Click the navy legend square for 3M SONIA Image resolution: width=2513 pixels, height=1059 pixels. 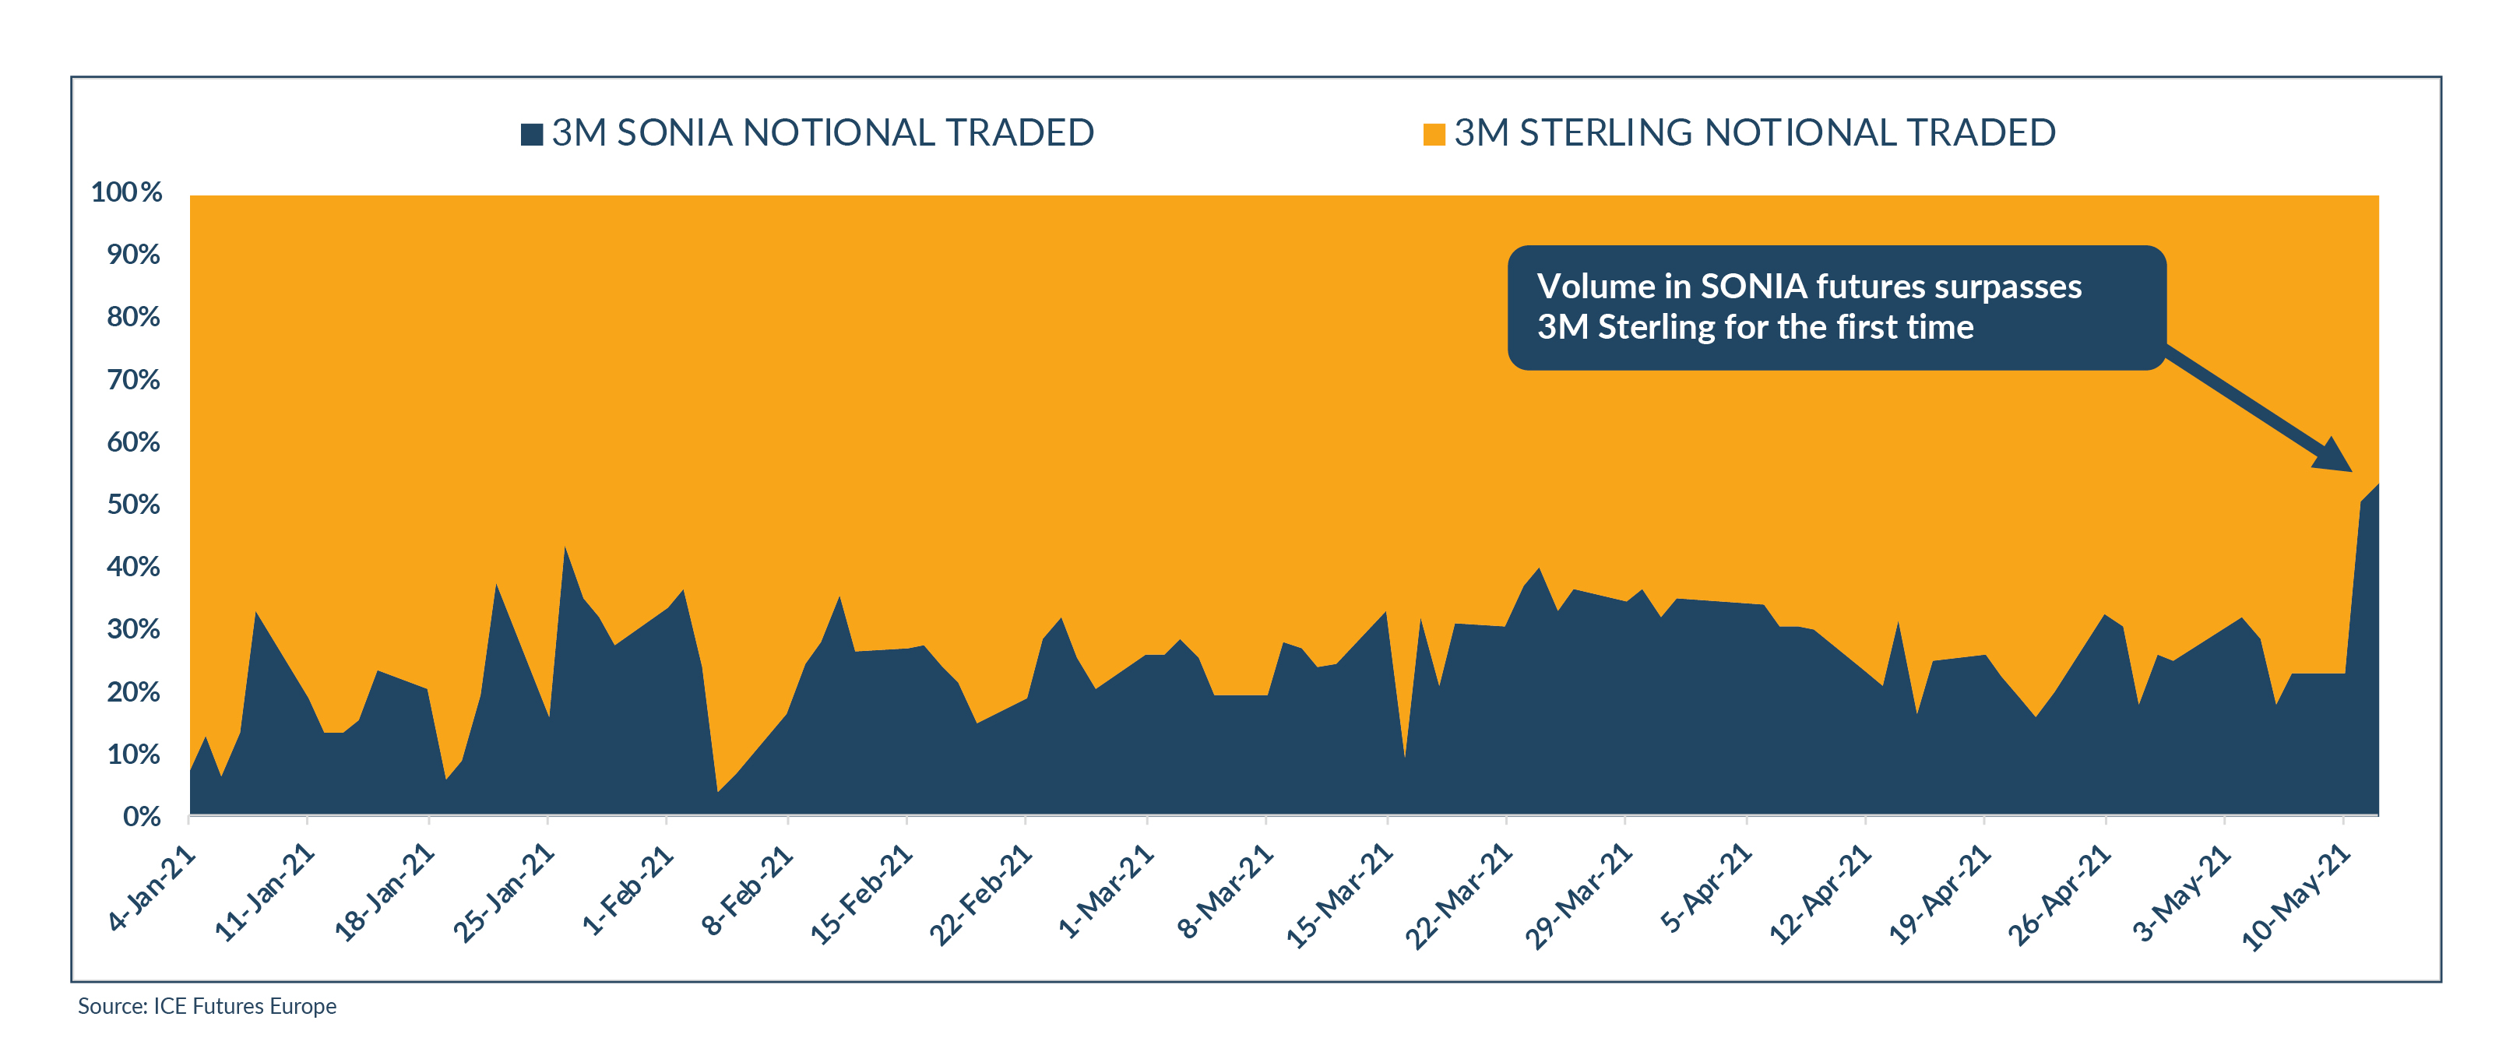click(532, 135)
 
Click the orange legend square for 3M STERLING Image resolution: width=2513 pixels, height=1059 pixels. click(1434, 135)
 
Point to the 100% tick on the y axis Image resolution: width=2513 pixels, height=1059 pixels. click(127, 192)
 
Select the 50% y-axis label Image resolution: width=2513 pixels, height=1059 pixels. click(134, 504)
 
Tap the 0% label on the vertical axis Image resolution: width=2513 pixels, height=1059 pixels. click(142, 816)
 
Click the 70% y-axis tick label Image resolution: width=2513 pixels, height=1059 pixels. click(134, 379)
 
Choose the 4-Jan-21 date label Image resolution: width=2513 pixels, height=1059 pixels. click(152, 889)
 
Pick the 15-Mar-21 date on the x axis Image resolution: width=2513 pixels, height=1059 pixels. click(1339, 896)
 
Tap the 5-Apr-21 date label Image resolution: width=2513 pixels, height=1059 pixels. click(1706, 889)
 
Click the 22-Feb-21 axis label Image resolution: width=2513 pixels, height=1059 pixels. click(980, 896)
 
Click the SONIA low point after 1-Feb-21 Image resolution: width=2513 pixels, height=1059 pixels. click(718, 791)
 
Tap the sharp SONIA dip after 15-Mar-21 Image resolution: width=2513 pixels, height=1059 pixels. click(1404, 757)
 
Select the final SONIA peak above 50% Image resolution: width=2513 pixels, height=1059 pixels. click(2377, 484)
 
